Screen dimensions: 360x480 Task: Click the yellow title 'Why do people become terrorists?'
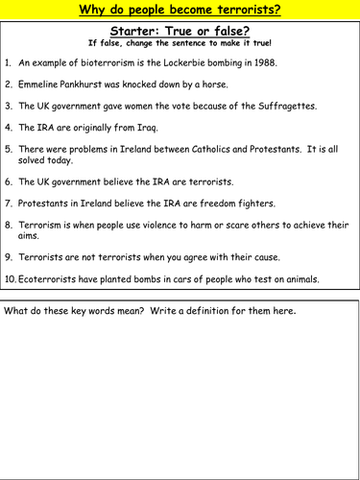[x=180, y=11]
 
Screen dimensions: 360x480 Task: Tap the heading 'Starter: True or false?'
[x=180, y=30]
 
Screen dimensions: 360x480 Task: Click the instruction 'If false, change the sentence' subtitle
[x=180, y=43]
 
